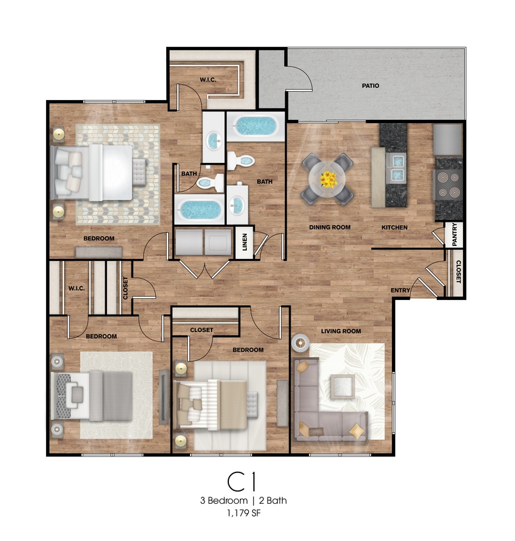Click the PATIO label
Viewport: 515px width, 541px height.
tap(370, 85)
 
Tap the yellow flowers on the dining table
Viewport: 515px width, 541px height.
tap(328, 179)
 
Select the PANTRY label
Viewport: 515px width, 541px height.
tap(454, 234)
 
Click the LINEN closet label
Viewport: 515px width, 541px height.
tap(245, 242)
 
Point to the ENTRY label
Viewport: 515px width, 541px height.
tap(400, 290)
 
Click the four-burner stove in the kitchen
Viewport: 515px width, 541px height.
tap(448, 188)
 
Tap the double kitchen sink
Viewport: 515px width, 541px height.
tap(396, 168)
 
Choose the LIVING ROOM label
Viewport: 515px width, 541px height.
tap(341, 331)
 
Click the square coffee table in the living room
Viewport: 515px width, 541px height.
tap(342, 387)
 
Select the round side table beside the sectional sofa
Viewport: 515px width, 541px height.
tap(300, 343)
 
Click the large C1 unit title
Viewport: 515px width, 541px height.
tap(242, 481)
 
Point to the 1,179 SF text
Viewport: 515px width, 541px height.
tap(243, 513)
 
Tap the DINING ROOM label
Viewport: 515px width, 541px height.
tap(330, 228)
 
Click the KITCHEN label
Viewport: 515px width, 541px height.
tap(394, 228)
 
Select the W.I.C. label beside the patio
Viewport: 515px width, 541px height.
tap(208, 79)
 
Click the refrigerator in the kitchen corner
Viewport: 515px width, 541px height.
tap(448, 139)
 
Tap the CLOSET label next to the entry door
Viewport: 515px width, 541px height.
tap(459, 272)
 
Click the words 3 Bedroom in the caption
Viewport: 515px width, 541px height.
tap(224, 501)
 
